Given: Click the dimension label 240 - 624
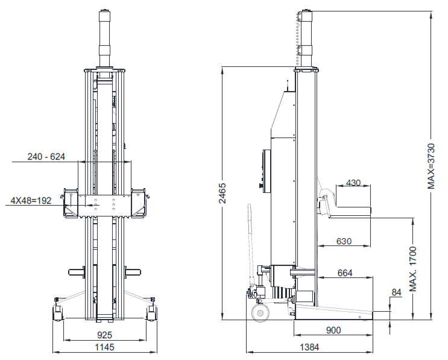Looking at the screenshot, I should coord(46,157).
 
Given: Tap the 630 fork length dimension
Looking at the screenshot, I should coord(344,241).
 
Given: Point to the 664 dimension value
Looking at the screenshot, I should coord(344,273).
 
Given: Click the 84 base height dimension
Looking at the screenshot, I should coord(396,293).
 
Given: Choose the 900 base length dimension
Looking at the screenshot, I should coord(333,330).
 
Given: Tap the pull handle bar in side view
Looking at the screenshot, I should coord(248,241).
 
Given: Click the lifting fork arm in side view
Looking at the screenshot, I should coord(350,210).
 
